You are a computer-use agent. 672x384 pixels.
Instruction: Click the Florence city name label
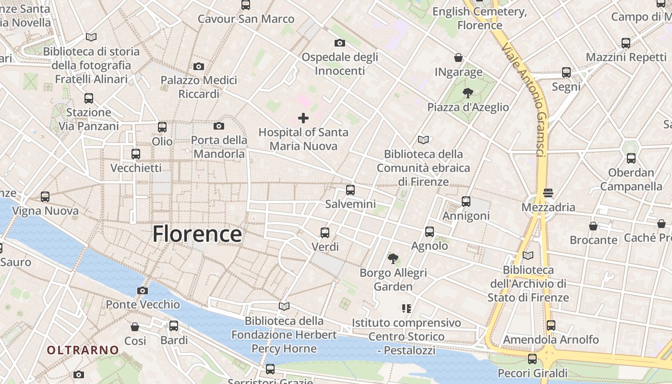(x=197, y=234)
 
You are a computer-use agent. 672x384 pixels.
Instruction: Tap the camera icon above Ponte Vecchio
(x=143, y=290)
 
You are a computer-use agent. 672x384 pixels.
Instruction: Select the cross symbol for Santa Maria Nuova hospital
(x=303, y=118)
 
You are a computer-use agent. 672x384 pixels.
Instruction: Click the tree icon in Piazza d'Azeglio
(x=468, y=93)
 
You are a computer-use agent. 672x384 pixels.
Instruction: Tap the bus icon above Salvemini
(x=350, y=190)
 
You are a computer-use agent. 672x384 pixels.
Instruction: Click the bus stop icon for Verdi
(x=325, y=233)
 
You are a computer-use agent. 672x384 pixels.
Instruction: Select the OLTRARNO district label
(x=83, y=350)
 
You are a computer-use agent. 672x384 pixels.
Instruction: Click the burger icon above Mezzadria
(x=549, y=193)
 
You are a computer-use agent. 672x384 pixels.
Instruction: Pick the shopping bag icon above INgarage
(x=458, y=58)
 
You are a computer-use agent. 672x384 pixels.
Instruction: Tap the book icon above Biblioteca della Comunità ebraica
(x=423, y=140)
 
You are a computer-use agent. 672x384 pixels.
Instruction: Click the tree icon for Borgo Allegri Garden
(x=393, y=259)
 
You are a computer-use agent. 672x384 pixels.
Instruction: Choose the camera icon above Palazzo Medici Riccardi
(x=199, y=66)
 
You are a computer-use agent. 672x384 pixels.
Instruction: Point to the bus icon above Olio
(x=162, y=127)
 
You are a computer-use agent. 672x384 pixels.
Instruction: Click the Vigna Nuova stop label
(x=45, y=211)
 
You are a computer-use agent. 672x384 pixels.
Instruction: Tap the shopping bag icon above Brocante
(x=593, y=226)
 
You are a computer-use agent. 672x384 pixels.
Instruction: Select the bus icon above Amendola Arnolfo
(x=551, y=325)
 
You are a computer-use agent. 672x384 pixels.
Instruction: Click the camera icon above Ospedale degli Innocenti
(x=340, y=43)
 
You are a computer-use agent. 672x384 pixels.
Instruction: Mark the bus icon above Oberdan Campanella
(x=631, y=158)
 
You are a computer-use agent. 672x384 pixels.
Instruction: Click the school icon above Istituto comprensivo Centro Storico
(x=407, y=308)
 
